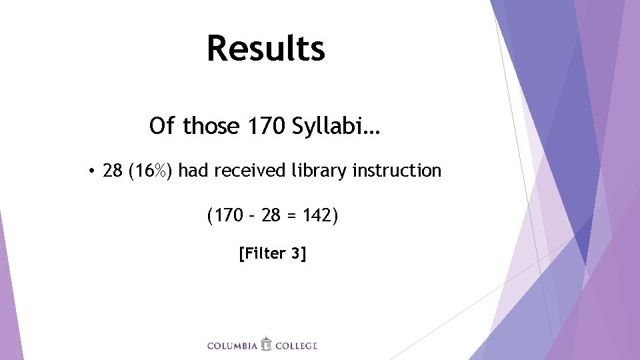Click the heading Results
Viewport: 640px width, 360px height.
(x=265, y=49)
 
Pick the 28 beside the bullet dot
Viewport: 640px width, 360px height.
(x=113, y=171)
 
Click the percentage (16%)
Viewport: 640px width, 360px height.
(x=151, y=171)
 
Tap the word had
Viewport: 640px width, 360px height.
(x=193, y=171)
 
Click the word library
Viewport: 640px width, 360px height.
(x=319, y=171)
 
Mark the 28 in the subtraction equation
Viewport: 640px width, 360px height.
(x=271, y=216)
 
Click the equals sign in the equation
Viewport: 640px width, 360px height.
(x=293, y=217)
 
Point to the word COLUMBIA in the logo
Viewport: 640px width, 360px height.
(x=232, y=345)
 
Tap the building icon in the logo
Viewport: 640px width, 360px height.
(x=266, y=344)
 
